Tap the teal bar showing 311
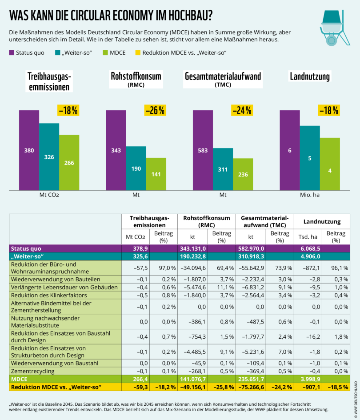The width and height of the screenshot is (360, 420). click(x=223, y=169)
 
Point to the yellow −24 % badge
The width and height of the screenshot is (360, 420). click(x=242, y=111)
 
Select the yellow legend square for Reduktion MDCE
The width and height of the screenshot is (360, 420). click(x=138, y=52)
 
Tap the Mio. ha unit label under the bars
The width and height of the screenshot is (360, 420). click(x=309, y=195)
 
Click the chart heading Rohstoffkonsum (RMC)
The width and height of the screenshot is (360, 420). click(x=136, y=79)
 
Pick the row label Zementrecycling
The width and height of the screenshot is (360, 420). click(x=33, y=371)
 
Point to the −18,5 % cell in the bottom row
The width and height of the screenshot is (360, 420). click(x=337, y=387)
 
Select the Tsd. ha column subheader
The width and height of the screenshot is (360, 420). click(x=308, y=236)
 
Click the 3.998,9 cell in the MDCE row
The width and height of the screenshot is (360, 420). click(x=308, y=379)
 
